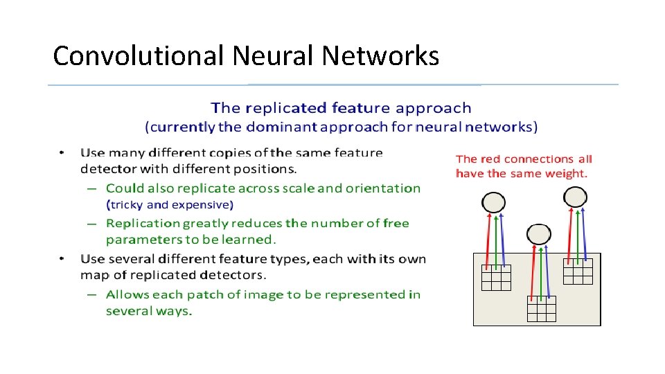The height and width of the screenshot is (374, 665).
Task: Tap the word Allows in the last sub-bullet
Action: pos(127,294)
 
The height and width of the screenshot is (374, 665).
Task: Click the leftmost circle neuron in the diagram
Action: pos(493,202)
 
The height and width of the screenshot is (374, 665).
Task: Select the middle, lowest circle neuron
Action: pos(538,234)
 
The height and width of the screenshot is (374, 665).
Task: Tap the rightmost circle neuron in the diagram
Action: pos(575,197)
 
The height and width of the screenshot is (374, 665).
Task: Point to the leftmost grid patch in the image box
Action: pos(496,278)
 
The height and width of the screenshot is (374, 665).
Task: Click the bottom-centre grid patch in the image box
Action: pos(541,309)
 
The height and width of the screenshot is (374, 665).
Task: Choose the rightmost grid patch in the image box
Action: pos(578,271)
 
